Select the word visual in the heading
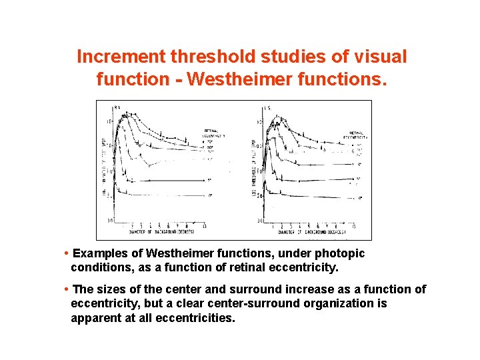point(378,57)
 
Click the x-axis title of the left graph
point(153,232)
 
